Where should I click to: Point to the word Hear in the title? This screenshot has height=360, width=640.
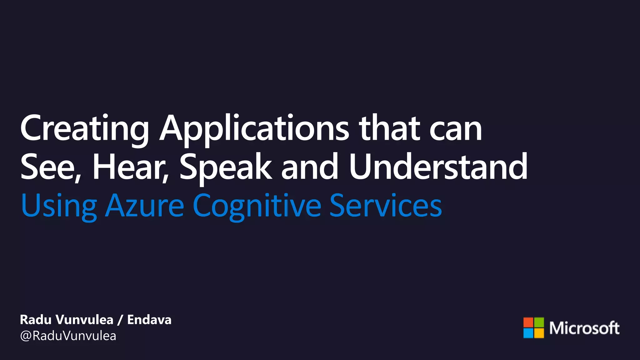[x=130, y=167]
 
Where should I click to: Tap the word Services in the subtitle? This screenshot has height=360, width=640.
[x=386, y=206]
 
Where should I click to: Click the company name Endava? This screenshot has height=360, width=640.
[x=149, y=320]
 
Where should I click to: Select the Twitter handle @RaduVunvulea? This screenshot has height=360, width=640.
[x=68, y=336]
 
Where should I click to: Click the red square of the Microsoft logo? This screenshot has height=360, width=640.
[x=528, y=322]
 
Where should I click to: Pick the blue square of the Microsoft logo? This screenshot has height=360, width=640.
[x=528, y=333]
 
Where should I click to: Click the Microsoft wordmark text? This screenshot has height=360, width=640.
[x=584, y=328]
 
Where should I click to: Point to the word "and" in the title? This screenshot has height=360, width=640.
[x=310, y=167]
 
